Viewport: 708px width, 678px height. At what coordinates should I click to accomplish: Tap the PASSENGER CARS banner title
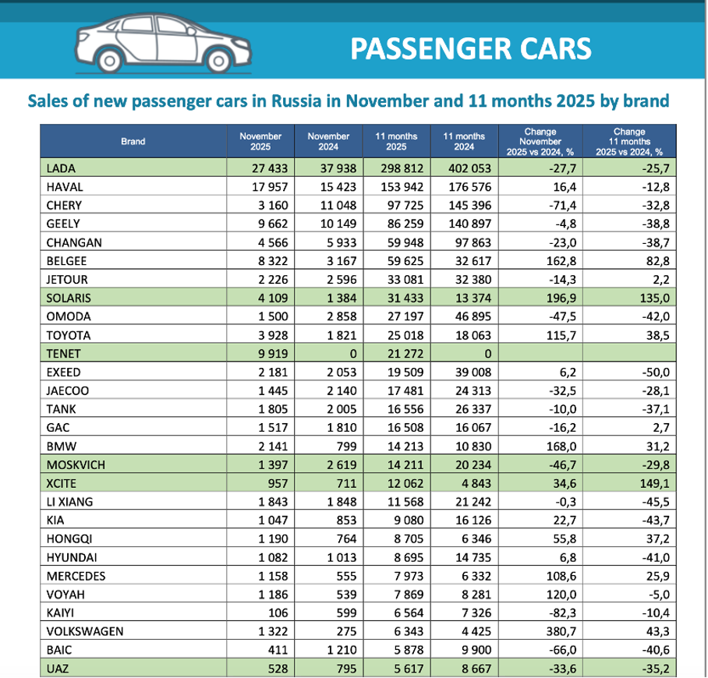coord(470,48)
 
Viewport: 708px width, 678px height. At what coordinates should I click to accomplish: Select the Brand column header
coord(133,141)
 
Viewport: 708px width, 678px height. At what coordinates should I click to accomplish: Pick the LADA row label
coord(62,168)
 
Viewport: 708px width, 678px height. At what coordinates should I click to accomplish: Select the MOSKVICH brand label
coord(76,464)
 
